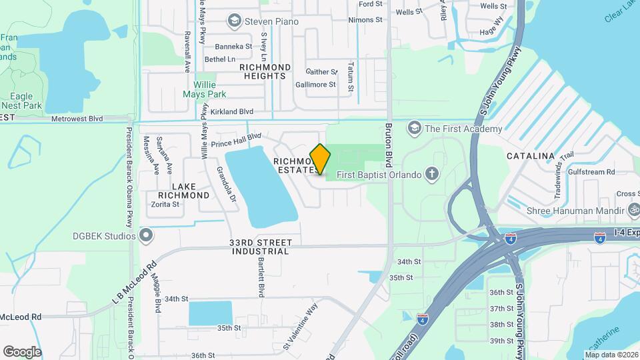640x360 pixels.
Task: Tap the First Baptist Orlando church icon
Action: click(432, 175)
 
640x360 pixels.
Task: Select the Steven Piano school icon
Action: click(234, 21)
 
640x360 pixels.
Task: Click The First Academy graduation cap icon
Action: click(415, 128)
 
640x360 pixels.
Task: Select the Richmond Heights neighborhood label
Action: click(265, 71)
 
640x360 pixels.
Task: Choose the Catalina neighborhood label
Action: click(531, 156)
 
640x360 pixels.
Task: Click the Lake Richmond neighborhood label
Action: click(181, 191)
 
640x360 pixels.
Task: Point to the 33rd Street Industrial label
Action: click(260, 247)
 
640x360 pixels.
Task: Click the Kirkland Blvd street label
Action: click(231, 111)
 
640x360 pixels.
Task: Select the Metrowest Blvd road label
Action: click(77, 119)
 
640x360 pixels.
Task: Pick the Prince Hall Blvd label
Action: click(236, 141)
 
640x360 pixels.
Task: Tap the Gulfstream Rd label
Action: click(592, 172)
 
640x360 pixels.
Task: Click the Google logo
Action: click(22, 352)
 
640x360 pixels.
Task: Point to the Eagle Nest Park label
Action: click(21, 101)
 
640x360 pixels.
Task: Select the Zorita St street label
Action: click(165, 205)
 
